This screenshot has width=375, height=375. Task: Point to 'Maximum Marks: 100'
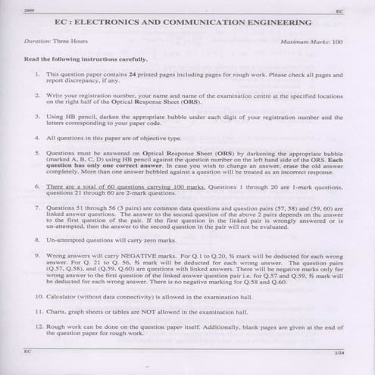311,42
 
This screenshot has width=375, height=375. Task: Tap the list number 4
38,139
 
